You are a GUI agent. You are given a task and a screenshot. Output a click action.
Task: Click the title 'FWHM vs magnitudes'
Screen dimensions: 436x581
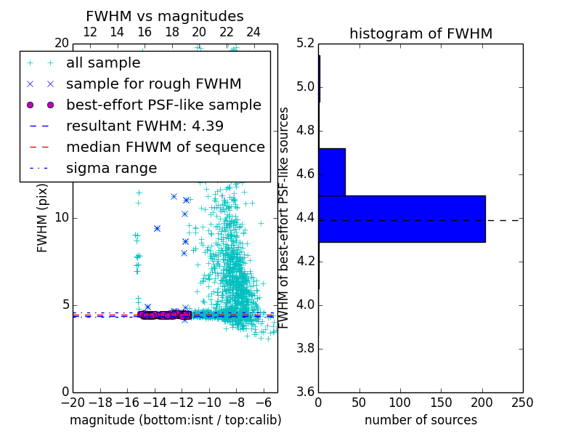point(164,16)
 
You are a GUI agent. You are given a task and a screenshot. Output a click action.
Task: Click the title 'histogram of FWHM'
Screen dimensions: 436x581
point(420,33)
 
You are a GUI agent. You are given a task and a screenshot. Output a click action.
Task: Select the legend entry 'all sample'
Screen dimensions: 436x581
point(103,63)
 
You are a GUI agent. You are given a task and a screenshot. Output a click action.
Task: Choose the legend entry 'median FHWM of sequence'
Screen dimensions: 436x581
point(165,147)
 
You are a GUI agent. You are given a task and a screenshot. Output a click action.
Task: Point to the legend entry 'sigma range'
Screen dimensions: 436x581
point(111,168)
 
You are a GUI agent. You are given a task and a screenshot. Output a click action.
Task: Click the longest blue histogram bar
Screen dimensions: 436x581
point(402,219)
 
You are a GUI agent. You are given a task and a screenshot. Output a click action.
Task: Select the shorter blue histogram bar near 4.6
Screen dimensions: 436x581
point(331,172)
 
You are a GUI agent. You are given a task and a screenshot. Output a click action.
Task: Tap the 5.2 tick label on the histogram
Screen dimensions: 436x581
point(305,44)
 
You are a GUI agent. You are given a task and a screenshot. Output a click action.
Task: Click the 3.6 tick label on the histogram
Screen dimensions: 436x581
point(305,392)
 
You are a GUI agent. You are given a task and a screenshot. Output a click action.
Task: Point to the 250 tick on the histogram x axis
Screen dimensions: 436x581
point(522,403)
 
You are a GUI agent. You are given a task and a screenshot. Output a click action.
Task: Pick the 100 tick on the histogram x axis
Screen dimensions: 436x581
point(400,403)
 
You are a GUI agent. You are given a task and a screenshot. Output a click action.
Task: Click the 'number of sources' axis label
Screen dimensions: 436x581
point(420,420)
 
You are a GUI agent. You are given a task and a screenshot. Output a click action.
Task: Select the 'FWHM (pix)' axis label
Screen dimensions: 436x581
point(42,217)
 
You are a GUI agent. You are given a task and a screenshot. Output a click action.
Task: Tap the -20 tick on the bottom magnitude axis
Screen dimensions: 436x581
point(73,403)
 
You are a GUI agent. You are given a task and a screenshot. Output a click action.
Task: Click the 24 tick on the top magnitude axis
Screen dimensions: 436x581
point(253,32)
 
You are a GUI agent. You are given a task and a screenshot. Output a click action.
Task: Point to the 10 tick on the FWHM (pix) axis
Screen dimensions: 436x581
point(62,217)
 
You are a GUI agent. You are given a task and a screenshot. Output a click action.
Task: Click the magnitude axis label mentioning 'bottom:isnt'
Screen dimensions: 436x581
point(175,420)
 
